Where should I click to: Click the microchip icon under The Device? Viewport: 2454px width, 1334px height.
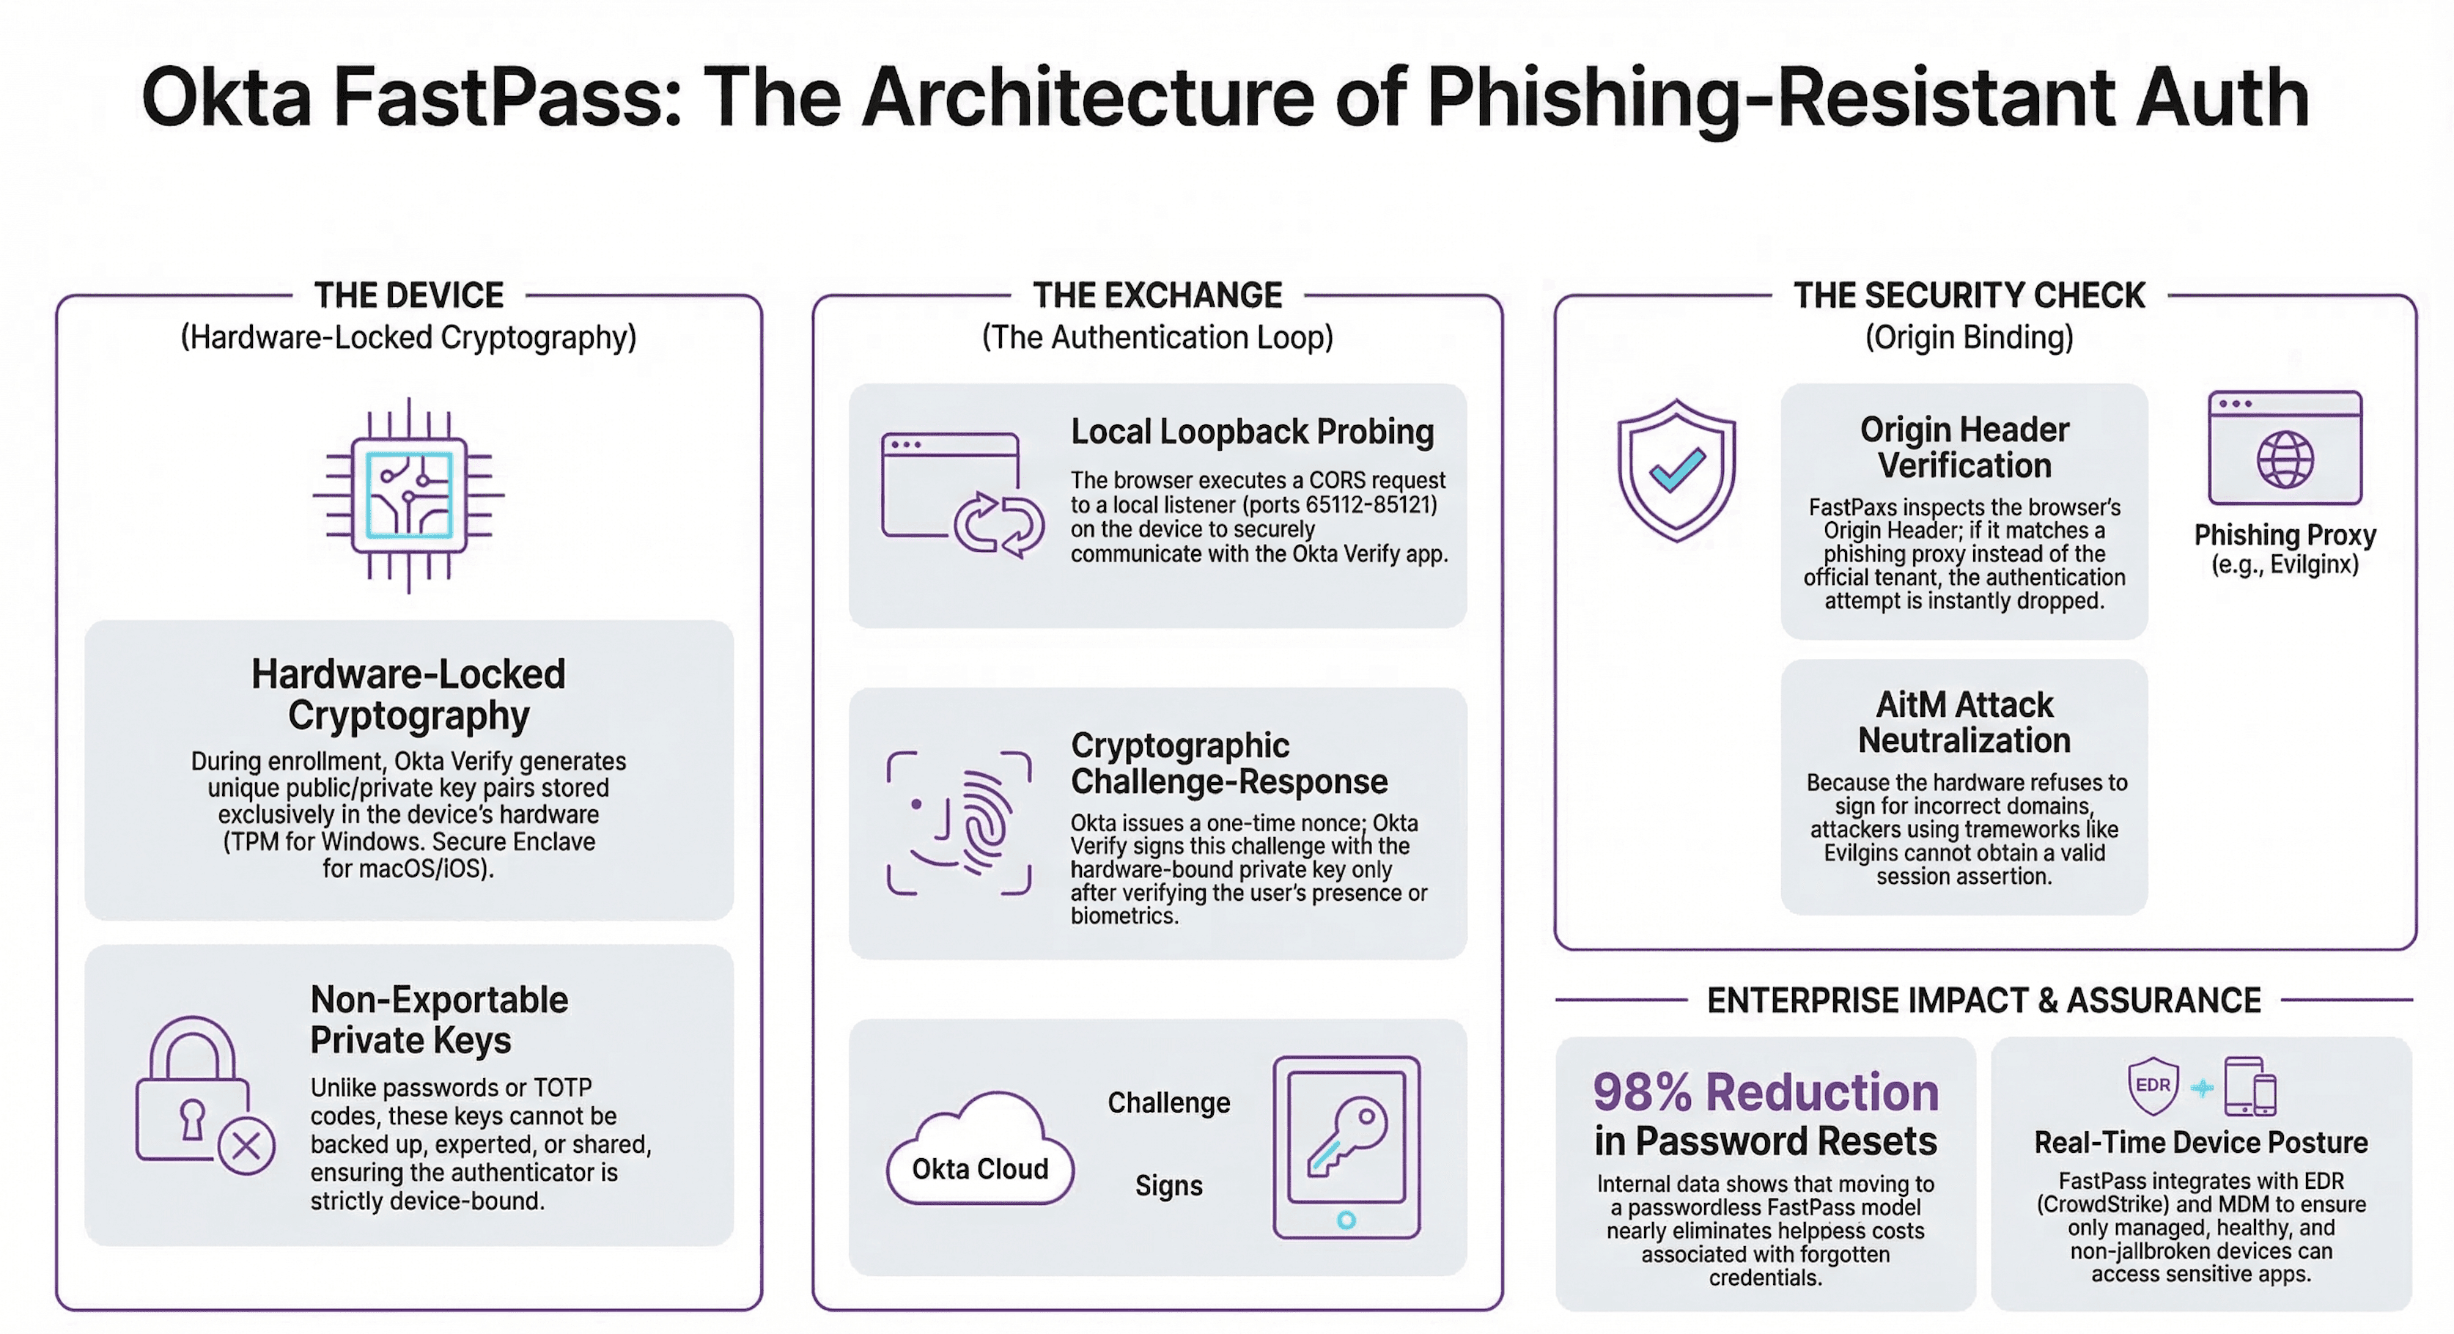click(409, 495)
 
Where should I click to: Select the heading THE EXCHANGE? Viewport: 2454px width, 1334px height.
click(1157, 295)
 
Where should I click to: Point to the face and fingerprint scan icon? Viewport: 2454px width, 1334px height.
click(958, 823)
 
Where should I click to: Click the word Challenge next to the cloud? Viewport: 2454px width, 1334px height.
click(1168, 1102)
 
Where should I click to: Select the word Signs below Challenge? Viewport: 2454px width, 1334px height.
click(1168, 1185)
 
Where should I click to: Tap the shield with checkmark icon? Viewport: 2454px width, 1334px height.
click(1676, 470)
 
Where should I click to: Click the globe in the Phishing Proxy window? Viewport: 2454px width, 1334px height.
click(2285, 460)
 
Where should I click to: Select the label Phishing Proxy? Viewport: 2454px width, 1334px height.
click(2285, 534)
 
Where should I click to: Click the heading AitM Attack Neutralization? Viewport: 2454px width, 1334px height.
click(1964, 722)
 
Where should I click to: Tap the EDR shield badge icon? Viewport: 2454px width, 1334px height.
click(2153, 1086)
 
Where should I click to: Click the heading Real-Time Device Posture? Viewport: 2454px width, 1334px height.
click(2200, 1141)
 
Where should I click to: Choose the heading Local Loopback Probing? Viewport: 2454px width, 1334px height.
click(1252, 432)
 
